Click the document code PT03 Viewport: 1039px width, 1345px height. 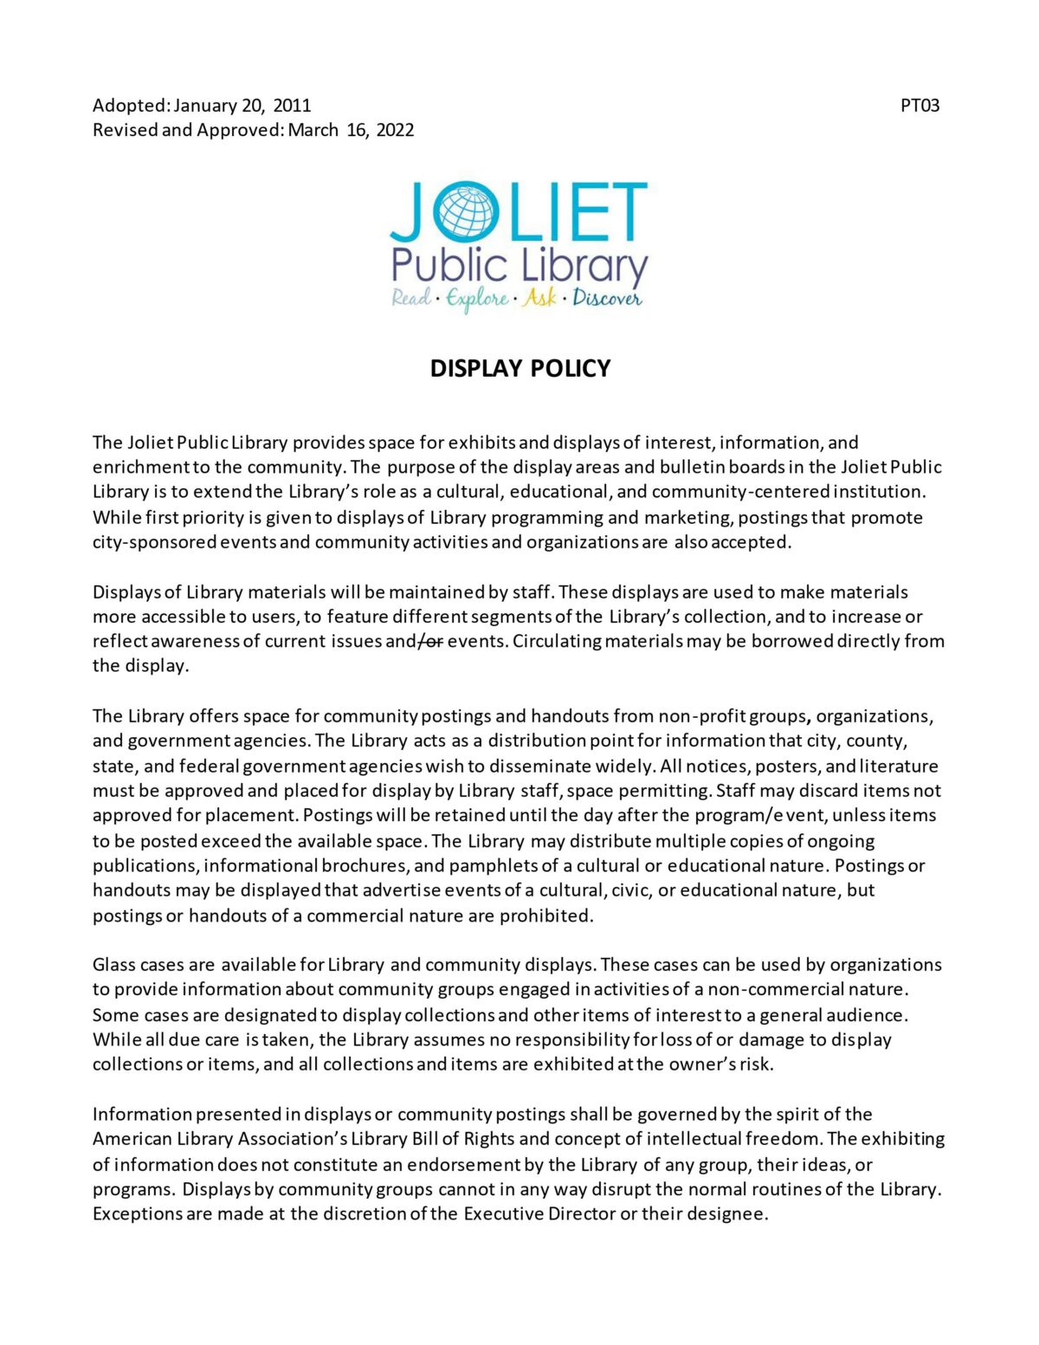coord(920,106)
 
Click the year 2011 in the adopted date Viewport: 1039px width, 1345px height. coord(292,106)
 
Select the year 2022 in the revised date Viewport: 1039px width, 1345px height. coord(395,130)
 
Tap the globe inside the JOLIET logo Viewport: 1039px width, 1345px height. coord(467,211)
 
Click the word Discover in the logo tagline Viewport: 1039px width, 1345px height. coord(607,299)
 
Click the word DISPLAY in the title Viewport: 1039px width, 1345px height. coord(476,369)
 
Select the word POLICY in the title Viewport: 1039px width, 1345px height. coord(571,369)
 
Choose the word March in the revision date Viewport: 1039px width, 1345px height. coord(313,130)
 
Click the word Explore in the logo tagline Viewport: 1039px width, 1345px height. coord(477,300)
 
